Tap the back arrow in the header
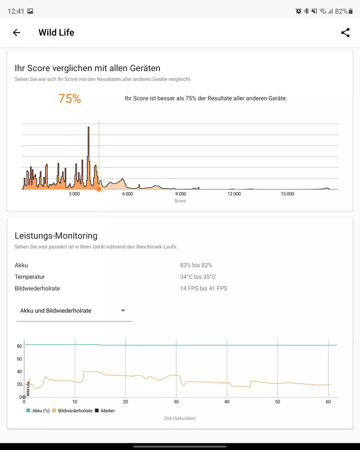pos(17,33)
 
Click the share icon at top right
pos(345,33)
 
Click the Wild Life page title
pos(56,33)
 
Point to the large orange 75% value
pos(69,99)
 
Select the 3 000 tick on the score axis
pos(74,194)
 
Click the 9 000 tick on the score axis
pos(180,194)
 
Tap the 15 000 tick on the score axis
pos(287,194)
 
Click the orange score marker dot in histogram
pos(99,189)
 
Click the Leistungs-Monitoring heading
pos(56,236)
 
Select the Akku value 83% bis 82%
pos(196,265)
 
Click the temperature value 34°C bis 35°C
pos(198,277)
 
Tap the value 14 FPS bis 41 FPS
pos(203,289)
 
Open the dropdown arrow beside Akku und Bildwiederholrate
pos(123,311)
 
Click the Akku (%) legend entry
pos(39,411)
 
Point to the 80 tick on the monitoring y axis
pos(19,346)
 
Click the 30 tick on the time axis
pos(176,402)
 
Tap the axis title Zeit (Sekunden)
pos(180,418)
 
